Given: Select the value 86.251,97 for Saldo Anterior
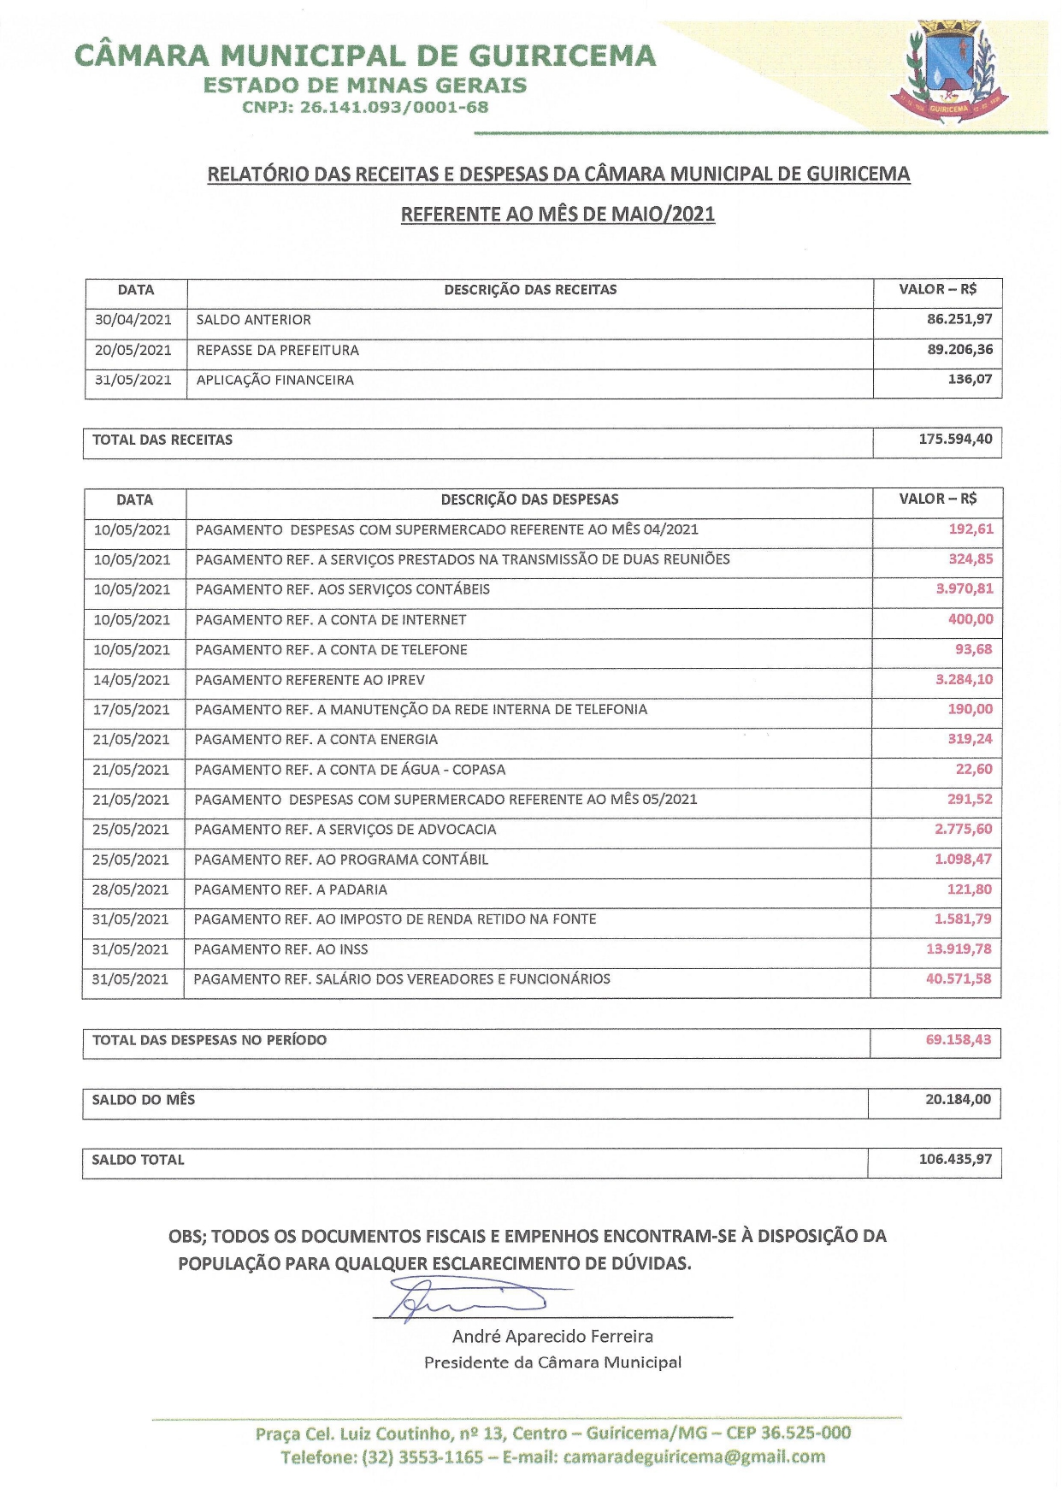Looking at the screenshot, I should pos(959,319).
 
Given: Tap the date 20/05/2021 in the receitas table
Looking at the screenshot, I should pos(133,350).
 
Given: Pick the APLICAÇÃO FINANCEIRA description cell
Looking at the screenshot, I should pos(275,380).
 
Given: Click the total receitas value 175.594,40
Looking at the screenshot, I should pos(955,440).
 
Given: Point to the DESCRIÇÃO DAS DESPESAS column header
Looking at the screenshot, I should pos(529,499).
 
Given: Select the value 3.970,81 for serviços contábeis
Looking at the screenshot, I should pos(965,589).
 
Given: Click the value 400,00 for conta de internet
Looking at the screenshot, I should pos(971,619).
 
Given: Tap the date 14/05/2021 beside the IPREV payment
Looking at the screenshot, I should pos(132,680).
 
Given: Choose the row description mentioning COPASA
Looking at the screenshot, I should pos(350,770).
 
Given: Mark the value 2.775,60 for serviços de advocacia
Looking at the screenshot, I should pos(964,830).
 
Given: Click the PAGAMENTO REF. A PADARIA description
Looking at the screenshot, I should pos(291,889).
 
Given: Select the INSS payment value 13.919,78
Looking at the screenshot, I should pos(959,949).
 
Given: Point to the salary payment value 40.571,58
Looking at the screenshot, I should pos(959,979).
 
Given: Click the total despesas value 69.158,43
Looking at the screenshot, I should pos(959,1040).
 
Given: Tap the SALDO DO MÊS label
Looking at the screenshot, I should pos(144,1100).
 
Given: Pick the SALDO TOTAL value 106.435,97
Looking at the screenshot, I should pos(955,1160).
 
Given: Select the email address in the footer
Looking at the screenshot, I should pos(694,1457).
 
